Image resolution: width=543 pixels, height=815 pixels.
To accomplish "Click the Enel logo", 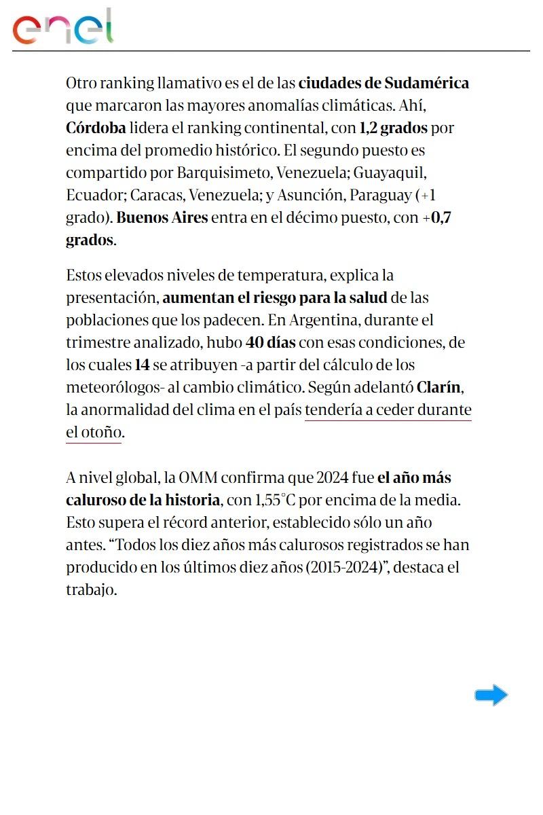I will click(62, 27).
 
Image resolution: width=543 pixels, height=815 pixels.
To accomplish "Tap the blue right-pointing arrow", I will click(491, 695).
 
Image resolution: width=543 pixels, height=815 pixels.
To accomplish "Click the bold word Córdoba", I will click(96, 128).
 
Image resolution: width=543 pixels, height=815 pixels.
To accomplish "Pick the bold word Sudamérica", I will click(426, 83).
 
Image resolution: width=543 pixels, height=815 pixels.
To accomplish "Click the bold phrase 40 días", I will click(270, 342).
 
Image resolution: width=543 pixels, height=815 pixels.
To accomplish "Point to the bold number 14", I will click(142, 365).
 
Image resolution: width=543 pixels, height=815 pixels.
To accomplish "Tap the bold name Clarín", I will click(439, 387).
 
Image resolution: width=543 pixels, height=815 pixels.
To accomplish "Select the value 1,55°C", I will click(274, 500).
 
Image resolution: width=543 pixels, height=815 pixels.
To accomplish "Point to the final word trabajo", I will click(92, 590).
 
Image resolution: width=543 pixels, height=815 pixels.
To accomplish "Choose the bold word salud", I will click(367, 297).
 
